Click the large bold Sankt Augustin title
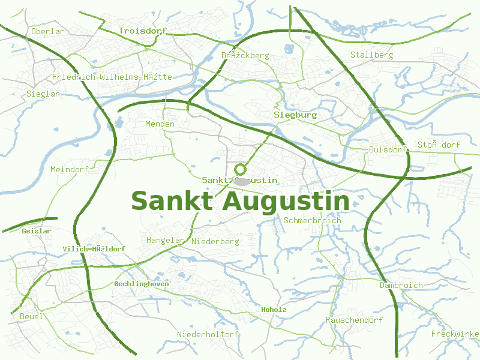[240, 202]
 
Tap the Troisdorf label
[142, 31]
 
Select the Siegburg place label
[295, 114]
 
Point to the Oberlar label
[47, 31]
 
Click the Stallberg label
[371, 55]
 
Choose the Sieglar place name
[43, 94]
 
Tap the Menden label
[160, 124]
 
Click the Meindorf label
[70, 169]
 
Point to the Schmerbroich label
[312, 220]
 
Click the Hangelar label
[165, 240]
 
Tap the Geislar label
[36, 230]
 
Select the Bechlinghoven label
[142, 283]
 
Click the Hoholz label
[274, 310]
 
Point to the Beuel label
[31, 316]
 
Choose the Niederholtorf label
[208, 334]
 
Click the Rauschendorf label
[354, 320]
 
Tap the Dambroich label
[401, 285]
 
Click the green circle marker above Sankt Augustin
[241, 169]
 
